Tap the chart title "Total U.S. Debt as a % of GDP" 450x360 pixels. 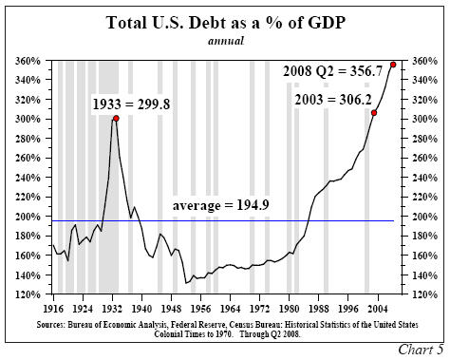pos(224,21)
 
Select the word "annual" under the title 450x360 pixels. pos(224,41)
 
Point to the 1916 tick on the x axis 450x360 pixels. pos(54,309)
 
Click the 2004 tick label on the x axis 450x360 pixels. pos(376,309)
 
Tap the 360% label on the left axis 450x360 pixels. pos(28,61)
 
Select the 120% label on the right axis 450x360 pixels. pos(422,294)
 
